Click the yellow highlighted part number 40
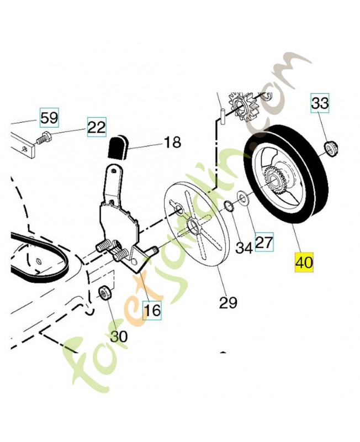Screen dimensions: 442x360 (x=304, y=261)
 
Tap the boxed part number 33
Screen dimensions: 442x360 (x=320, y=103)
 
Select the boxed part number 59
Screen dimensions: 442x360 (x=49, y=117)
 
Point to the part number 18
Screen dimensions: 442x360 (x=172, y=143)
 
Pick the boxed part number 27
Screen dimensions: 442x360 (x=264, y=241)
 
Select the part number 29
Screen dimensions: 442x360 (x=228, y=302)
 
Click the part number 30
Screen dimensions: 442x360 (x=118, y=336)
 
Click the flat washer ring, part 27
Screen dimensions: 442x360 (x=242, y=198)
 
